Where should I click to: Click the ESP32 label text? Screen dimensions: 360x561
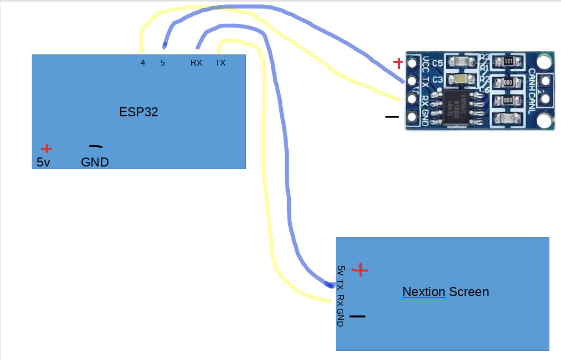pyautogui.click(x=139, y=112)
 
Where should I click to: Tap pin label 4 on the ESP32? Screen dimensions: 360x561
pyautogui.click(x=143, y=63)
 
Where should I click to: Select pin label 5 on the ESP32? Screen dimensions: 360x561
pyautogui.click(x=162, y=63)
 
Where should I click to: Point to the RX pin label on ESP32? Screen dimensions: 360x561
pyautogui.click(x=196, y=63)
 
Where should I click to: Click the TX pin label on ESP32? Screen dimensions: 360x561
pyautogui.click(x=220, y=63)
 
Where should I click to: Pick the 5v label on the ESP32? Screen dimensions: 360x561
pyautogui.click(x=43, y=162)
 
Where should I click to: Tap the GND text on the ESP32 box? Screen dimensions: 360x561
pyautogui.click(x=95, y=162)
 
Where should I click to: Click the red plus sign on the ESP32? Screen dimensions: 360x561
pyautogui.click(x=47, y=149)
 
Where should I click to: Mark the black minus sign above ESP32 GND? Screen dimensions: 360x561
pyautogui.click(x=95, y=146)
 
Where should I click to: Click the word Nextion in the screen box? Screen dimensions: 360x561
pyautogui.click(x=424, y=292)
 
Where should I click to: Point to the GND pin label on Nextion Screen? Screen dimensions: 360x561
pyautogui.click(x=341, y=317)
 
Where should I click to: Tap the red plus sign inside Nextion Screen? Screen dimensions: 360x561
pyautogui.click(x=361, y=270)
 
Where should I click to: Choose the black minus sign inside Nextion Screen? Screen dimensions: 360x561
pyautogui.click(x=357, y=317)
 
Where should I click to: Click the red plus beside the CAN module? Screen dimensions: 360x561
pyautogui.click(x=398, y=63)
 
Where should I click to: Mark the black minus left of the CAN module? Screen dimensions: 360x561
pyautogui.click(x=392, y=116)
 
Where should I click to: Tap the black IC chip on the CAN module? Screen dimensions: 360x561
pyautogui.click(x=457, y=108)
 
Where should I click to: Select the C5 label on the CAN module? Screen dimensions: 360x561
pyautogui.click(x=437, y=63)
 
